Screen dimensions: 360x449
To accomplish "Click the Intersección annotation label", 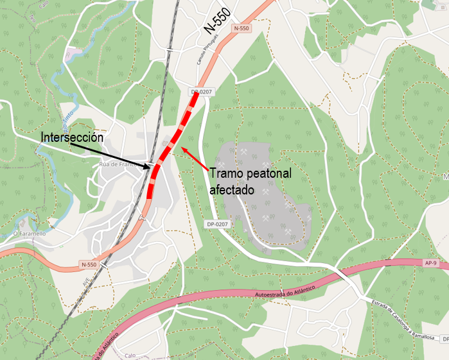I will pyautogui.click(x=72, y=138).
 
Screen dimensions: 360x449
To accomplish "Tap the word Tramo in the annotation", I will pyautogui.click(x=225, y=173).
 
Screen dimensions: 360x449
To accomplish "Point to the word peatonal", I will pyautogui.click(x=269, y=173).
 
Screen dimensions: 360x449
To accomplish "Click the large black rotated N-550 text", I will pyautogui.click(x=216, y=25).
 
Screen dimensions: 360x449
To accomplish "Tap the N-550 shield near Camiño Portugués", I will pyautogui.click(x=241, y=28).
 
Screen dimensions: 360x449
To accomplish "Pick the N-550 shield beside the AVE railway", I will pyautogui.click(x=89, y=264).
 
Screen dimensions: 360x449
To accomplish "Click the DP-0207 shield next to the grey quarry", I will pyautogui.click(x=218, y=224).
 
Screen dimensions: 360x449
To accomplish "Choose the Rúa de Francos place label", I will pyautogui.click(x=116, y=164).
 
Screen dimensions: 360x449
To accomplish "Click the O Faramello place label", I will pyautogui.click(x=30, y=234).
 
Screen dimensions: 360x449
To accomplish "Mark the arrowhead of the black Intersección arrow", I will pyautogui.click(x=152, y=168).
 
